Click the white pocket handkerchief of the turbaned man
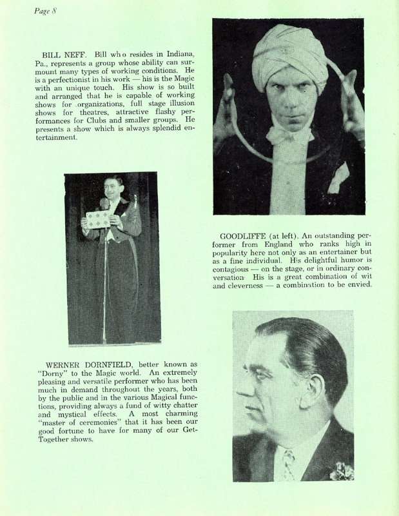click(x=339, y=183)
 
